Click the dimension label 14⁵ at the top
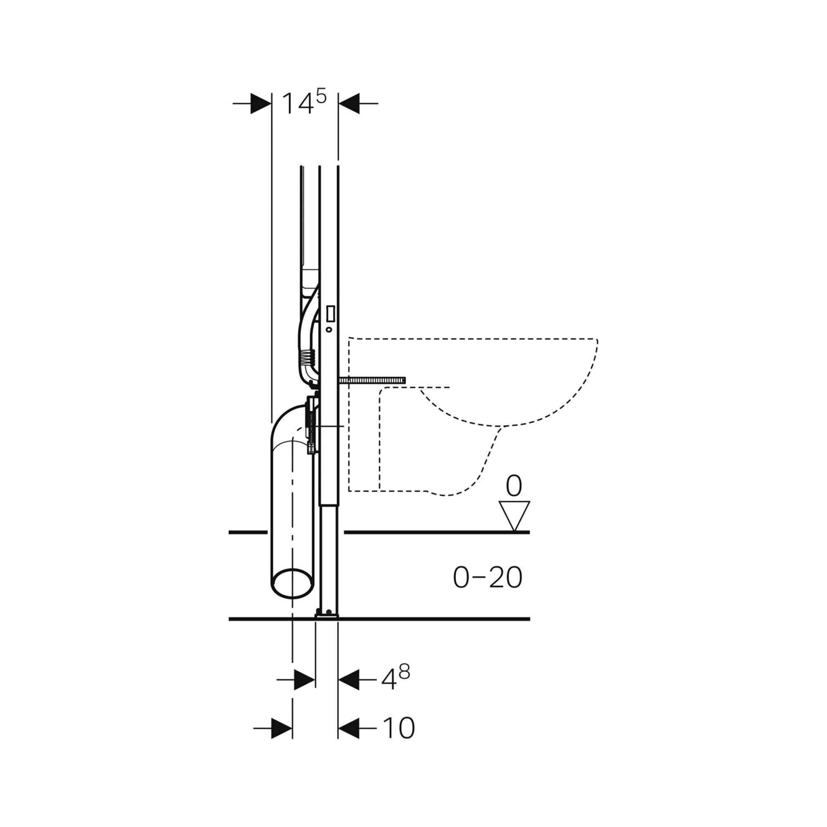pos(304,103)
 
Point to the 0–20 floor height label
pos(488,577)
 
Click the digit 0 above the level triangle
pos(514,486)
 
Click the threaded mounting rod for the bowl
pos(372,380)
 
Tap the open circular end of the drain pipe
pos(293,583)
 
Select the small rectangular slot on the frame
pos(330,314)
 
